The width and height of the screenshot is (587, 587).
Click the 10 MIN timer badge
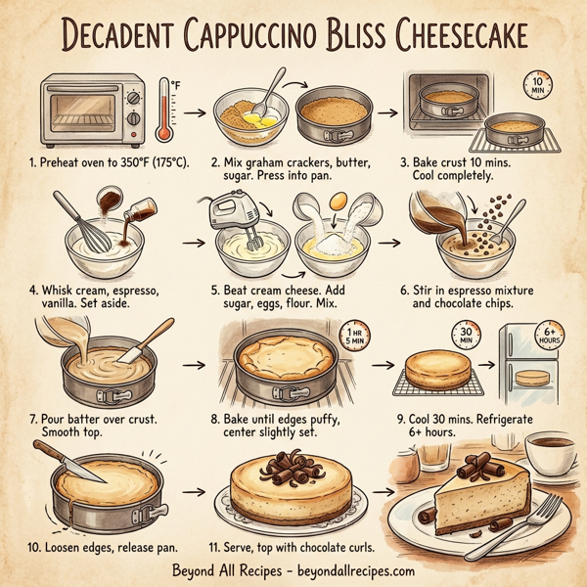pyautogui.click(x=535, y=85)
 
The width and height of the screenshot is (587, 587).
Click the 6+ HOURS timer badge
pyautogui.click(x=546, y=336)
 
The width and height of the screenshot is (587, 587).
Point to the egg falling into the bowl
pyautogui.click(x=338, y=200)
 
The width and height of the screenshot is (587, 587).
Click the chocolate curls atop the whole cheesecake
pyautogui.click(x=291, y=464)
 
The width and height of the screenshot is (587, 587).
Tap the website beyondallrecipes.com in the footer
pyautogui.click(x=351, y=570)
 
